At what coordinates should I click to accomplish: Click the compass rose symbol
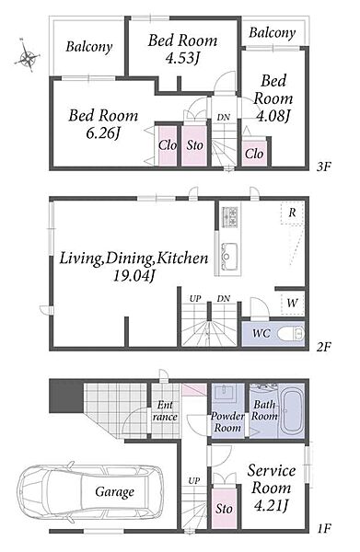[27, 56]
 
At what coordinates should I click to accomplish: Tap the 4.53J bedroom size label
[183, 59]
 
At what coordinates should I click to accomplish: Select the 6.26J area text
[103, 133]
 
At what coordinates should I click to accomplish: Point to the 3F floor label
[323, 167]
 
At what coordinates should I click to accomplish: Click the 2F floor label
[323, 347]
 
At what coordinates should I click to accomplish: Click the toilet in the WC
[291, 333]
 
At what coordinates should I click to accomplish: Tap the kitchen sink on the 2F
[228, 255]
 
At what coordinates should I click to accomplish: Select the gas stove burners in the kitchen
[229, 217]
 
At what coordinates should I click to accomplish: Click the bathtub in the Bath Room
[292, 410]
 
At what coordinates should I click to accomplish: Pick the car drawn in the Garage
[91, 492]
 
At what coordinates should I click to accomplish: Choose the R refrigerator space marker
[292, 213]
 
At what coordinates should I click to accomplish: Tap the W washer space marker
[293, 303]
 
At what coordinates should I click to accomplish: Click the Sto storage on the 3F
[194, 145]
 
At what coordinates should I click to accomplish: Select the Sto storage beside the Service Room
[224, 508]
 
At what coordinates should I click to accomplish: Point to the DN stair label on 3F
[223, 117]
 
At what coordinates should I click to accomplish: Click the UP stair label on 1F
[194, 480]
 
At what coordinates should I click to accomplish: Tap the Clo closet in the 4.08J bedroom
[254, 154]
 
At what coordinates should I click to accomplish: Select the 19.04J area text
[134, 276]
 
